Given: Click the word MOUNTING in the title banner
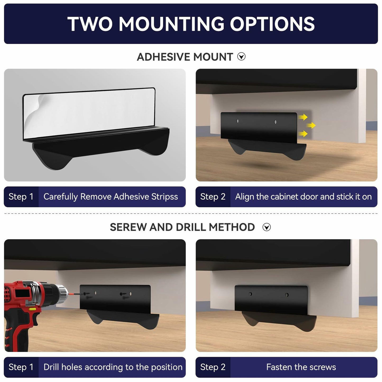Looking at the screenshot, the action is tap(171, 24).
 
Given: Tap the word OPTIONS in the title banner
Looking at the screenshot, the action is tap(272, 24).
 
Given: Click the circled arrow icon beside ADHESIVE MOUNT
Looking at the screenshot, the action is tap(241, 57).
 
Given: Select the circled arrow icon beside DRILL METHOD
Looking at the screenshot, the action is tap(266, 227).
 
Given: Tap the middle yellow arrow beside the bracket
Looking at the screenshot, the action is tap(311, 125).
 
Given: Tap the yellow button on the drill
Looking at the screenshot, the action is tap(32, 309).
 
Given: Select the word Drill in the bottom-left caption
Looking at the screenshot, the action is tap(51, 367).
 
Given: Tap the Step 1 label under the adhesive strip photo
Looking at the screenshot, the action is tap(21, 197).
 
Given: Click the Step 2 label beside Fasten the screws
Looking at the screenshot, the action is tap(213, 367).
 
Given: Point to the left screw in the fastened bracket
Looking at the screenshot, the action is tap(250, 294).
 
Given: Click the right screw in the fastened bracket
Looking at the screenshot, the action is tap(287, 295).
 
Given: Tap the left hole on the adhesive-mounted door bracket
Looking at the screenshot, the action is tap(237, 121).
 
